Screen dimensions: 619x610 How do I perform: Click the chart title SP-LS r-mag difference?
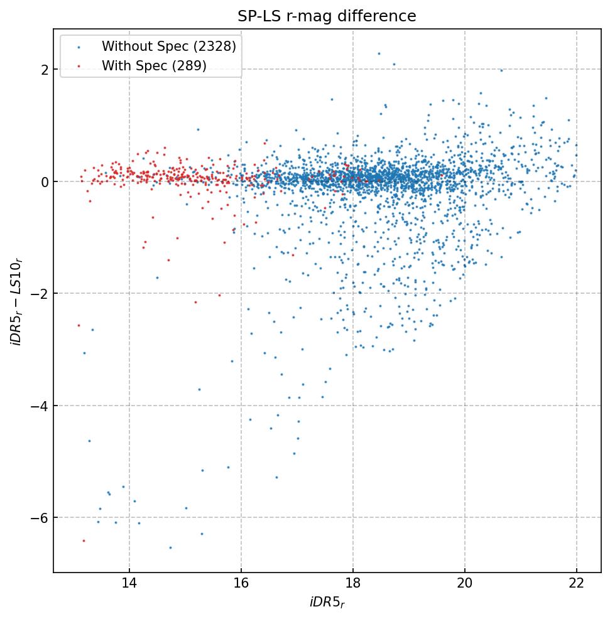point(327,16)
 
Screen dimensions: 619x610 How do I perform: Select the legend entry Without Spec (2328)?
point(169,46)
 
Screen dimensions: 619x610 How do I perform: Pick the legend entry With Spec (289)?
point(154,66)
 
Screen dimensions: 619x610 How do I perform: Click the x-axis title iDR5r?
point(327,603)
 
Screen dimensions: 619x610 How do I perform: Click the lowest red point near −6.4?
point(84,541)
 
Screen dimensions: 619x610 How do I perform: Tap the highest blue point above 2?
point(379,53)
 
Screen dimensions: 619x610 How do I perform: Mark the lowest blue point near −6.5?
point(170,547)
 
